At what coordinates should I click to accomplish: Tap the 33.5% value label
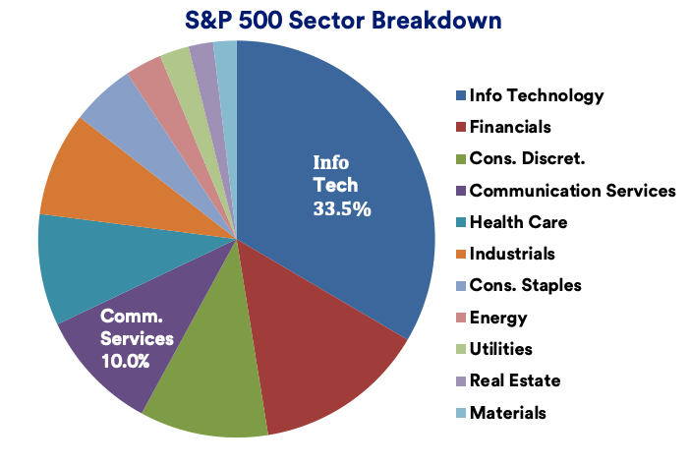pyautogui.click(x=341, y=208)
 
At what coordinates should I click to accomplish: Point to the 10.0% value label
pyautogui.click(x=125, y=361)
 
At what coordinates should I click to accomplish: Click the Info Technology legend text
pyautogui.click(x=536, y=95)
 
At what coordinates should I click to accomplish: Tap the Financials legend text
pyautogui.click(x=510, y=127)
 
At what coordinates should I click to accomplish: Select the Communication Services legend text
pyautogui.click(x=572, y=191)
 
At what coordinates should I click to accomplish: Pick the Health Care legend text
pyautogui.click(x=518, y=222)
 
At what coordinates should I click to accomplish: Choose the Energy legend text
pyautogui.click(x=498, y=318)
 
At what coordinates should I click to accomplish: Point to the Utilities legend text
pyautogui.click(x=501, y=349)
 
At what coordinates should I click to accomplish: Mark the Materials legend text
pyautogui.click(x=507, y=413)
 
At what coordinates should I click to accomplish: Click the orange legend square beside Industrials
pyautogui.click(x=460, y=255)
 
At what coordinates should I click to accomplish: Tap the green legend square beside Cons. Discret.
pyautogui.click(x=460, y=159)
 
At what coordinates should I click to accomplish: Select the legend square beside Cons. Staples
pyautogui.click(x=460, y=286)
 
